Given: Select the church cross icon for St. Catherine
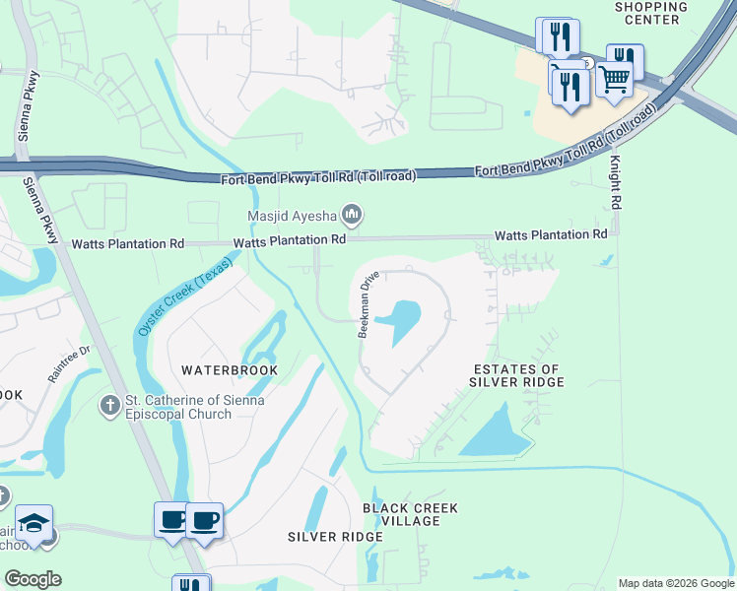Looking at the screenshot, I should pyautogui.click(x=111, y=404).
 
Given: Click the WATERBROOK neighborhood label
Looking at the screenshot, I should pyautogui.click(x=229, y=370).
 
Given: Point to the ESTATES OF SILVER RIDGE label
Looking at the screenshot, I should pyautogui.click(x=515, y=375).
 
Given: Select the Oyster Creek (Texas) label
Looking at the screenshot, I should pyautogui.click(x=188, y=294).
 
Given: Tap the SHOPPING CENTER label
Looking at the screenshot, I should pyautogui.click(x=651, y=13).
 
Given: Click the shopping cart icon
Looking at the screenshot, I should pyautogui.click(x=614, y=77).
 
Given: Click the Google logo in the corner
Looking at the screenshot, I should pyautogui.click(x=33, y=579).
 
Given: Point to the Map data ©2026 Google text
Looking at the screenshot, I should pyautogui.click(x=676, y=583).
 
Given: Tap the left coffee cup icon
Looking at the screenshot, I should pyautogui.click(x=173, y=519).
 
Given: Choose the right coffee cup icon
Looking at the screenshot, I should pyautogui.click(x=205, y=519).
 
